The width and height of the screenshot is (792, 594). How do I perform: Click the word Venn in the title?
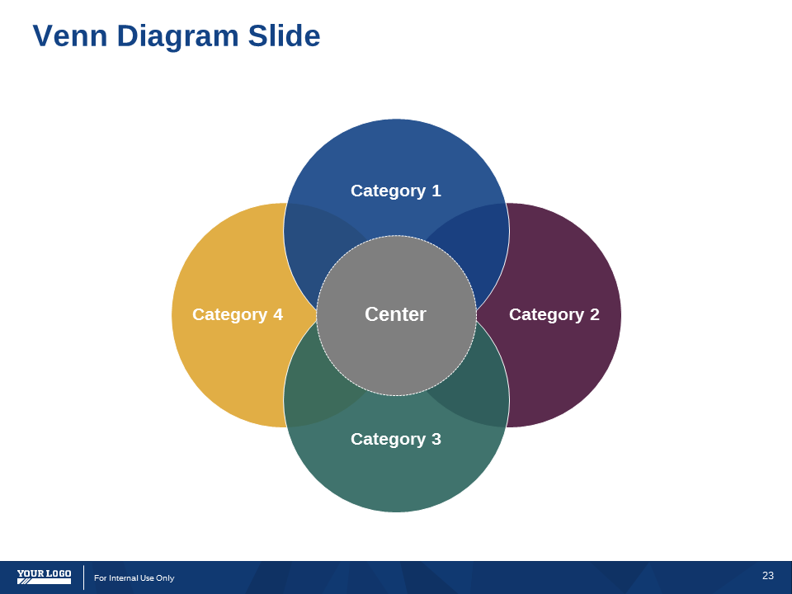(70, 35)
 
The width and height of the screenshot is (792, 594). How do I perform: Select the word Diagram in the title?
(178, 37)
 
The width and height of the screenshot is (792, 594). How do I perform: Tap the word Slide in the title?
(284, 35)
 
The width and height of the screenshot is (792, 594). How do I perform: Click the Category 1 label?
(396, 191)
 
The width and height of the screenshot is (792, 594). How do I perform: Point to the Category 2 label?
(554, 314)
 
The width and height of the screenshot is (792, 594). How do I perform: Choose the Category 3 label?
(396, 440)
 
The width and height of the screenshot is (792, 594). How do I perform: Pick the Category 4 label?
(238, 314)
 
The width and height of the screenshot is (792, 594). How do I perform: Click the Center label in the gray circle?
(395, 314)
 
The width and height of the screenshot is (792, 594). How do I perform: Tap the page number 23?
(768, 575)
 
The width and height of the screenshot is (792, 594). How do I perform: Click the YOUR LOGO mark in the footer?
(44, 577)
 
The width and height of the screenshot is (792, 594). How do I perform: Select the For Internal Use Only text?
(134, 577)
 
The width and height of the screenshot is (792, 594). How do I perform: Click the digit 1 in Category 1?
(436, 191)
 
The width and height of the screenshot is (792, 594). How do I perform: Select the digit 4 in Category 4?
(278, 314)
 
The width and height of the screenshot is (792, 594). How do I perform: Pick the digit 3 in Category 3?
(436, 439)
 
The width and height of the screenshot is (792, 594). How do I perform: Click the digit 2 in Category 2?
(595, 314)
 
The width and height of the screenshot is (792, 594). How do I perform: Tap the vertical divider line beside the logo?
(84, 577)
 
